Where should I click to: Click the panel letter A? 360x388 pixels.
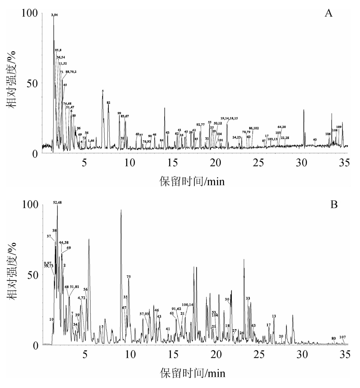pos(329,14)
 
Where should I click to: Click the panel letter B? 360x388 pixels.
pos(334,205)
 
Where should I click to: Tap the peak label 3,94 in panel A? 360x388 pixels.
pos(54,15)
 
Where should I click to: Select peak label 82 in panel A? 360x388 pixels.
pos(109,102)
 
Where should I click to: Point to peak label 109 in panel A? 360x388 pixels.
pos(339,127)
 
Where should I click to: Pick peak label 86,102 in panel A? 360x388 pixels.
pos(254,128)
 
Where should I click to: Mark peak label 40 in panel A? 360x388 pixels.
pos(315,139)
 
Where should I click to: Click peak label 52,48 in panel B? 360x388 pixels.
pos(57,202)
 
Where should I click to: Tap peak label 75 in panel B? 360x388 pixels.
pos(128,277)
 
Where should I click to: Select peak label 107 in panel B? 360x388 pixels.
pos(342,337)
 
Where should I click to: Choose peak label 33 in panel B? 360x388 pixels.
pos(248,298)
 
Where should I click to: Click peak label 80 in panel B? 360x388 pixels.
pos(334,338)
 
